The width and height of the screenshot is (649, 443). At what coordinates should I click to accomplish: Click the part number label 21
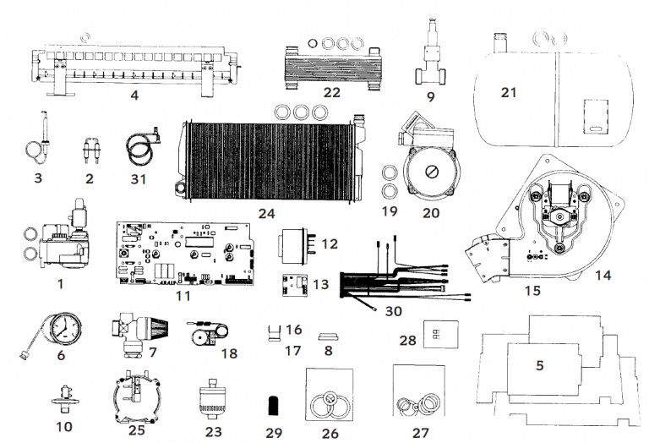508,92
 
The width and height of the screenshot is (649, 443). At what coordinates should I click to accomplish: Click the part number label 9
430,96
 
